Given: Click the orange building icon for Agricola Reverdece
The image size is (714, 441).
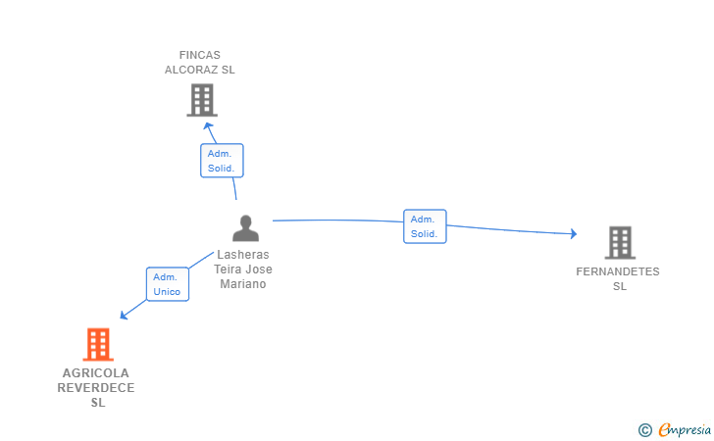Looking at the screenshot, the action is point(98,345).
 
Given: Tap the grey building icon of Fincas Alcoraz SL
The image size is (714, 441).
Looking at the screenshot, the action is point(202,100).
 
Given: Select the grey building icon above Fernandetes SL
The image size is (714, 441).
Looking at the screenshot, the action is point(620,243).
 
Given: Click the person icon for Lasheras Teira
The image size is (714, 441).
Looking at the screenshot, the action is point(245,228).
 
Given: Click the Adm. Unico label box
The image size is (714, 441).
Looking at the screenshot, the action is point(168,284).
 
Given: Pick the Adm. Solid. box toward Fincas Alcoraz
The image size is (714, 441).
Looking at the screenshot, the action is point(222,161).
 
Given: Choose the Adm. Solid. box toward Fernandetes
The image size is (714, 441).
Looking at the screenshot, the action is point(425,226).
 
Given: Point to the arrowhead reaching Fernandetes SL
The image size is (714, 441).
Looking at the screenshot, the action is point(574,233).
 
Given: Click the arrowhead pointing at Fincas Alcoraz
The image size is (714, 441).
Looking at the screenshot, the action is point(209,125).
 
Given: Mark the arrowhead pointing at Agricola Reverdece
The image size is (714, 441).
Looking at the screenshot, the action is point(124,315).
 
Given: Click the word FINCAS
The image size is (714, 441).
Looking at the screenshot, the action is point(200,55).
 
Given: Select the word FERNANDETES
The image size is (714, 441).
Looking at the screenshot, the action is point(618,271).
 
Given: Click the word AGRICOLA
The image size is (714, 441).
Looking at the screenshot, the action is point(96,373).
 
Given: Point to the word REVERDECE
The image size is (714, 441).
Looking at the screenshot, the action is point(96,388).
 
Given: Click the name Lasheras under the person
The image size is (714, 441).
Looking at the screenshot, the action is point(243,255).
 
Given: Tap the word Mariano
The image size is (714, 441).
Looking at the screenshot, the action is point(243,284).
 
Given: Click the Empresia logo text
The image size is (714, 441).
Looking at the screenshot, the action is point(685,429).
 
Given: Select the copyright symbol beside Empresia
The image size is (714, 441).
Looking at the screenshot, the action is point(645,430).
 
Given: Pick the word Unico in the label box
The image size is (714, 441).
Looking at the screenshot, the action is point(167,292).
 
